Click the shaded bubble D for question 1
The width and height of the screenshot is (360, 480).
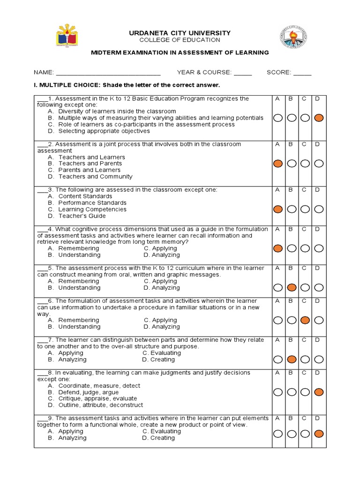coord(319,118)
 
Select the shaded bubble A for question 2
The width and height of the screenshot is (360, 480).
coord(278,164)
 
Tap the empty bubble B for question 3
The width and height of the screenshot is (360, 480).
coord(292,209)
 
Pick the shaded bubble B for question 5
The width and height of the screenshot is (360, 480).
coord(292,287)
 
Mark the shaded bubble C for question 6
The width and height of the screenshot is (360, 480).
coord(305,320)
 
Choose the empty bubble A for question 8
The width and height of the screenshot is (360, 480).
coord(278,392)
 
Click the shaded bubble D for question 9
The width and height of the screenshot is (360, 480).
coord(319,434)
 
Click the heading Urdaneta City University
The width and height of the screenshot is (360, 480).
coord(180,33)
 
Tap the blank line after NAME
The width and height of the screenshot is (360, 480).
coord(108,73)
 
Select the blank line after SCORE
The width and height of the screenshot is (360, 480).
coord(302,73)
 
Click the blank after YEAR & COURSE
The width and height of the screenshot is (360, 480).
coord(243,73)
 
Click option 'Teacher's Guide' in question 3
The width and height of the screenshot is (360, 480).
coord(82,216)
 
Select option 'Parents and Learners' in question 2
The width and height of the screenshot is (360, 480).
coord(89,170)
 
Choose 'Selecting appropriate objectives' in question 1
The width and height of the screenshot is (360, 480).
coord(104,131)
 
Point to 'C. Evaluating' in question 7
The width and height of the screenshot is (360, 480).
coord(162,353)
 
